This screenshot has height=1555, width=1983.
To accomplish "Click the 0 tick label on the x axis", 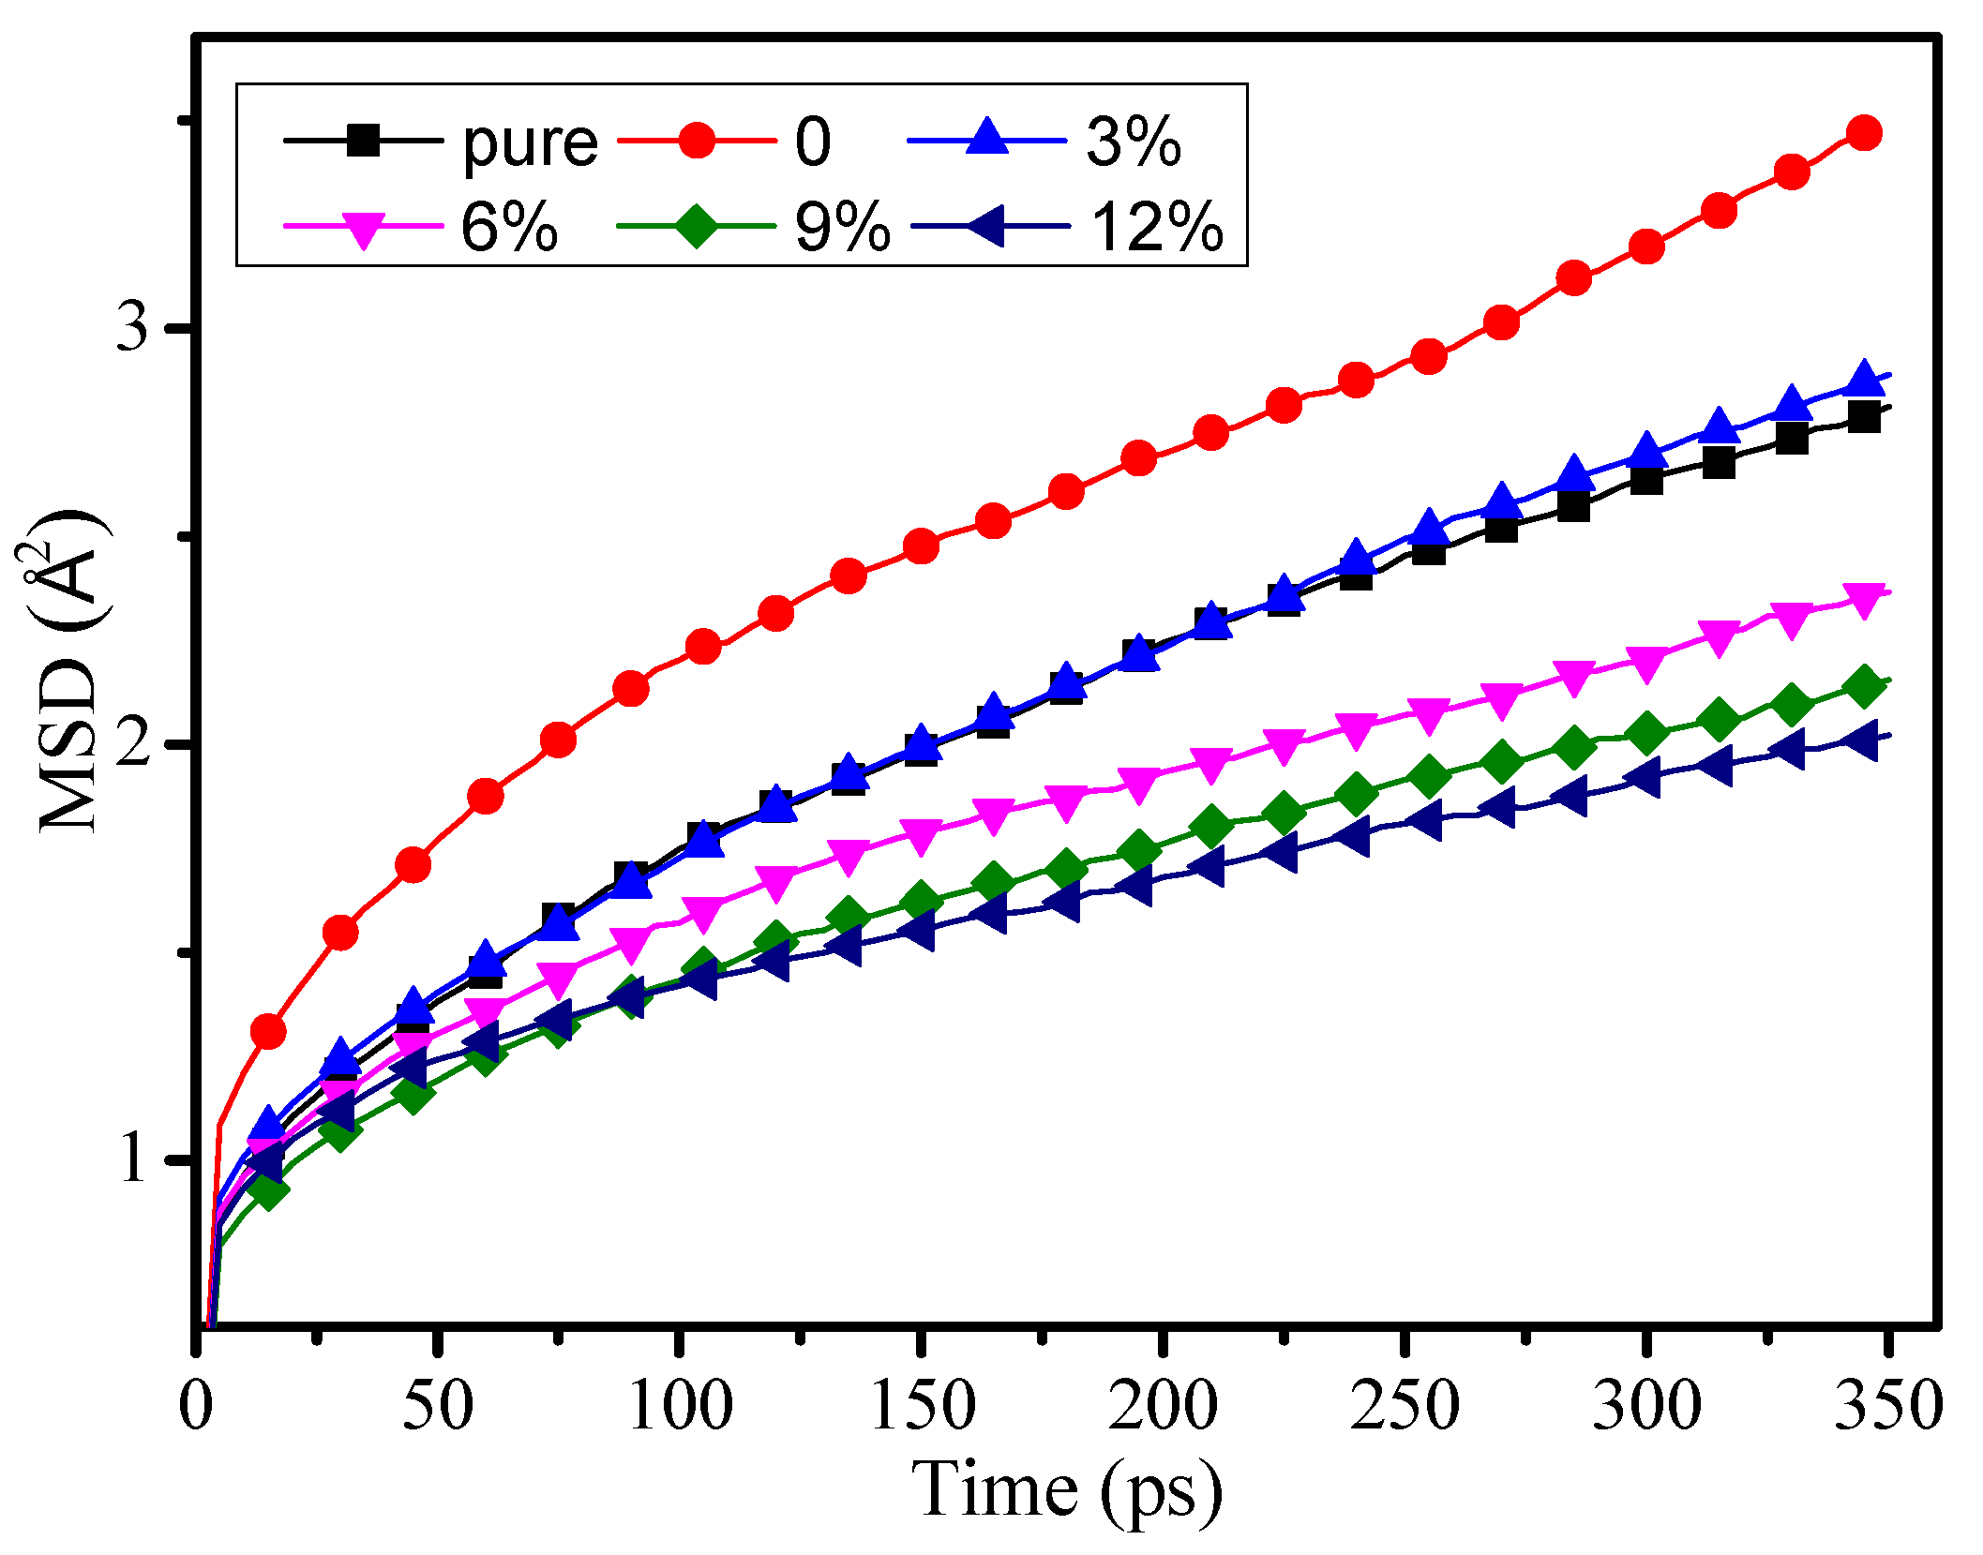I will pyautogui.click(x=196, y=1406).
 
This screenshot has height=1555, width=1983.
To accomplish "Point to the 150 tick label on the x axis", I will pyautogui.click(x=923, y=1406).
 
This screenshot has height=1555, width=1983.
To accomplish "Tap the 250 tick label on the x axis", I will pyautogui.click(x=1405, y=1406).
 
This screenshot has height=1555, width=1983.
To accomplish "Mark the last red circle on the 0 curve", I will pyautogui.click(x=1864, y=133).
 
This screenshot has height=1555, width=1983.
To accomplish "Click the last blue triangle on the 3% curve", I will pyautogui.click(x=1864, y=380).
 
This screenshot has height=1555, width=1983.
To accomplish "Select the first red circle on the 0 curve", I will pyautogui.click(x=268, y=1032).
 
